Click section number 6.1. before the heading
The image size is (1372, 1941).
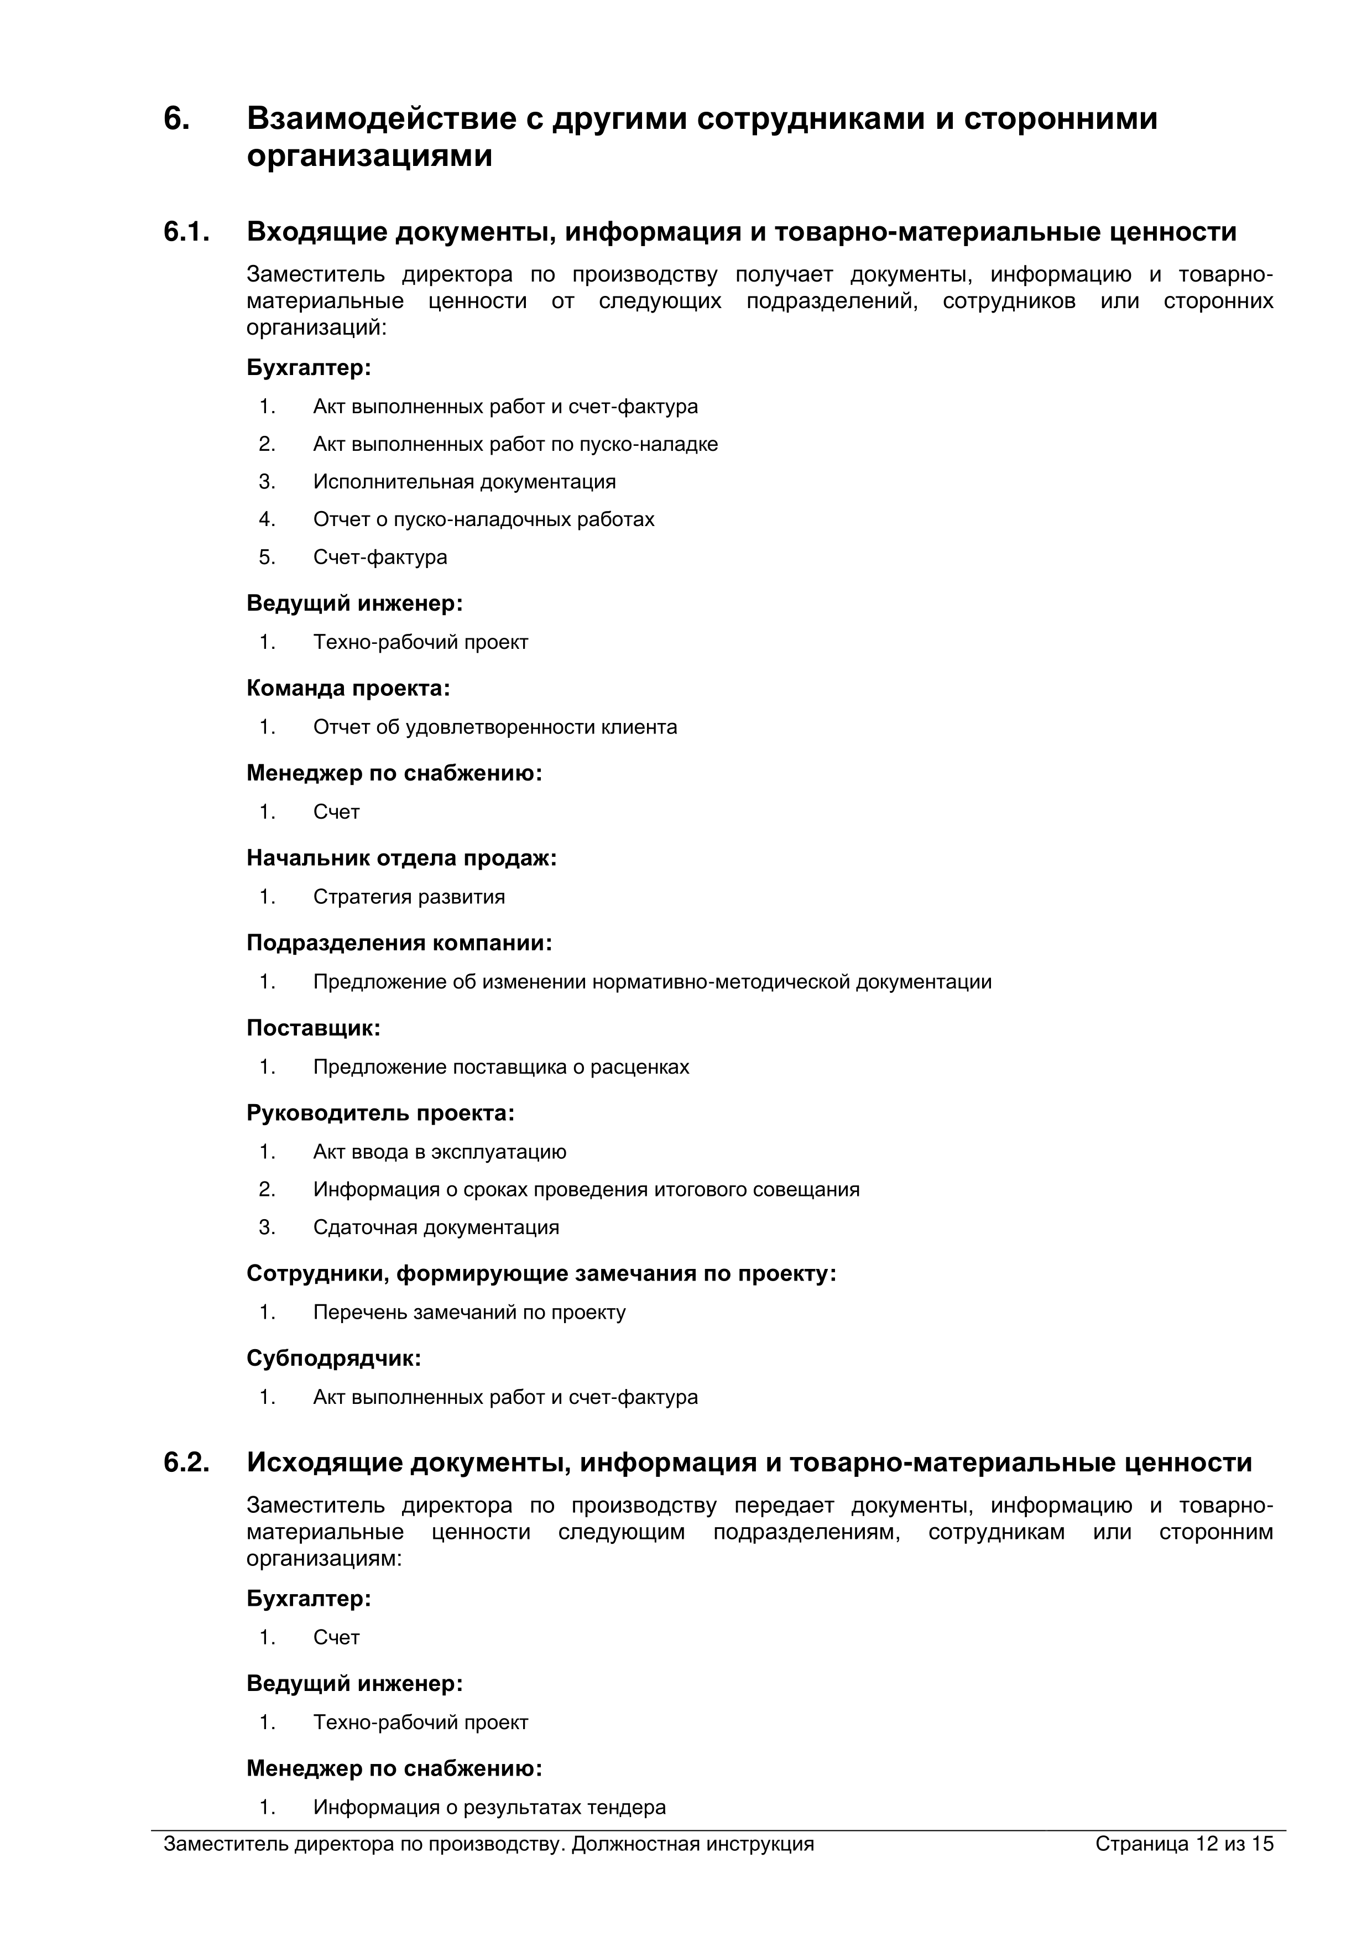pos(186,232)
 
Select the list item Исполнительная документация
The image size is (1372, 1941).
pos(464,482)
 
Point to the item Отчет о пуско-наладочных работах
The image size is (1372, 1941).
pos(483,519)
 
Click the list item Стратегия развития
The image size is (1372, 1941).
pos(409,897)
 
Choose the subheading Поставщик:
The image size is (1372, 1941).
pos(314,1028)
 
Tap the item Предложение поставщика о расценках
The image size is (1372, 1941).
pos(501,1067)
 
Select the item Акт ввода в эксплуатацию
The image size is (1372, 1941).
pos(440,1152)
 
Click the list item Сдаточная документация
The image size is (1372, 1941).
pos(436,1227)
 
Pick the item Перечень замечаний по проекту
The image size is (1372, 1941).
pos(469,1312)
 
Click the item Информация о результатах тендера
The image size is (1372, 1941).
pos(489,1807)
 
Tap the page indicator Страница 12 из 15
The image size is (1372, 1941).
pos(1183,1844)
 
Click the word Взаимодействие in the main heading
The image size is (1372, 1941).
pos(380,118)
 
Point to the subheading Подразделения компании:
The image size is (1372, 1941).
pos(399,943)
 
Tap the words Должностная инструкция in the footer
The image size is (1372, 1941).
pos(692,1844)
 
